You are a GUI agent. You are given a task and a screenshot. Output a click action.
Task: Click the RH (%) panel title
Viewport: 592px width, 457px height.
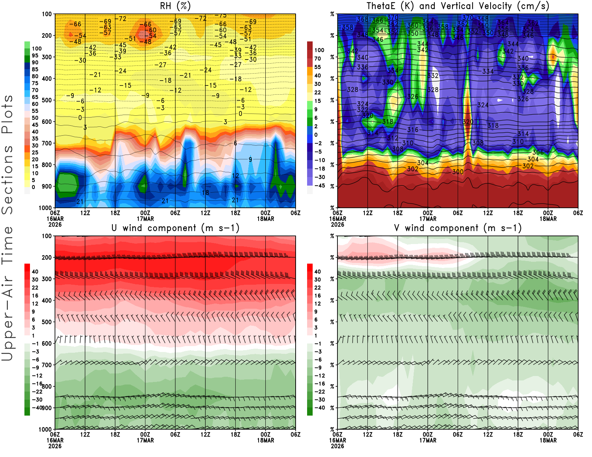(x=175, y=6)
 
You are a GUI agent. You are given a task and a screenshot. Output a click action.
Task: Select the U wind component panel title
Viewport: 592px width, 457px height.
(x=175, y=228)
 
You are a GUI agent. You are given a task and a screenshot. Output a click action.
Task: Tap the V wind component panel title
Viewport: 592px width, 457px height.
(x=458, y=228)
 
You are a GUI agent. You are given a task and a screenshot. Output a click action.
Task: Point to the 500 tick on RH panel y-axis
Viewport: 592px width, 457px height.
(x=47, y=100)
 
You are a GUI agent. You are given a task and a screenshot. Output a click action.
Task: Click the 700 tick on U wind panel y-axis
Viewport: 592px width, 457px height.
(x=47, y=365)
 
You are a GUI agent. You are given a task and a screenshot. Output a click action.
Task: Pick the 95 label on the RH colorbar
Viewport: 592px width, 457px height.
(x=35, y=55)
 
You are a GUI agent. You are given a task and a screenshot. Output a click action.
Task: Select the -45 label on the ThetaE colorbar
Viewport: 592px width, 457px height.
(x=319, y=186)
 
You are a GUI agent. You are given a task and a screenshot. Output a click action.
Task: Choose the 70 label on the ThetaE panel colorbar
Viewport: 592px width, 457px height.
(x=317, y=58)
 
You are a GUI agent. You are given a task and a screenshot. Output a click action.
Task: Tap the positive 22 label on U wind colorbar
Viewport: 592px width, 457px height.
(x=35, y=288)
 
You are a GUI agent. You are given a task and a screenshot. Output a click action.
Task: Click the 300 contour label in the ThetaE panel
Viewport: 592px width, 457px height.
(x=458, y=172)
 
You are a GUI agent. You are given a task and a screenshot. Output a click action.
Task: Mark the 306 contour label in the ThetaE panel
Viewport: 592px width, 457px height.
(x=538, y=152)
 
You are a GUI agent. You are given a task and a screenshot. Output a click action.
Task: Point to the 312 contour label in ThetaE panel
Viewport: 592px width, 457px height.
(x=393, y=138)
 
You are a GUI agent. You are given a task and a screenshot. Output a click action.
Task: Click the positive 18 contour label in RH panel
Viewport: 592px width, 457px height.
(x=205, y=193)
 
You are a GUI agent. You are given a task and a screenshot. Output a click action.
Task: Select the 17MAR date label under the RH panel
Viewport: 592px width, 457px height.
(x=145, y=219)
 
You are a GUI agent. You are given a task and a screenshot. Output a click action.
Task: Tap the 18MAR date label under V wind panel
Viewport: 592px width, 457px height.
(x=548, y=440)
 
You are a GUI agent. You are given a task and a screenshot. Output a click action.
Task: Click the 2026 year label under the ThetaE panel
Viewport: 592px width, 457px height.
(x=337, y=224)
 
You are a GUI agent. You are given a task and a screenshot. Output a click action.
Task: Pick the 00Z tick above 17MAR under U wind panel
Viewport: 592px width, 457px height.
(x=145, y=434)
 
